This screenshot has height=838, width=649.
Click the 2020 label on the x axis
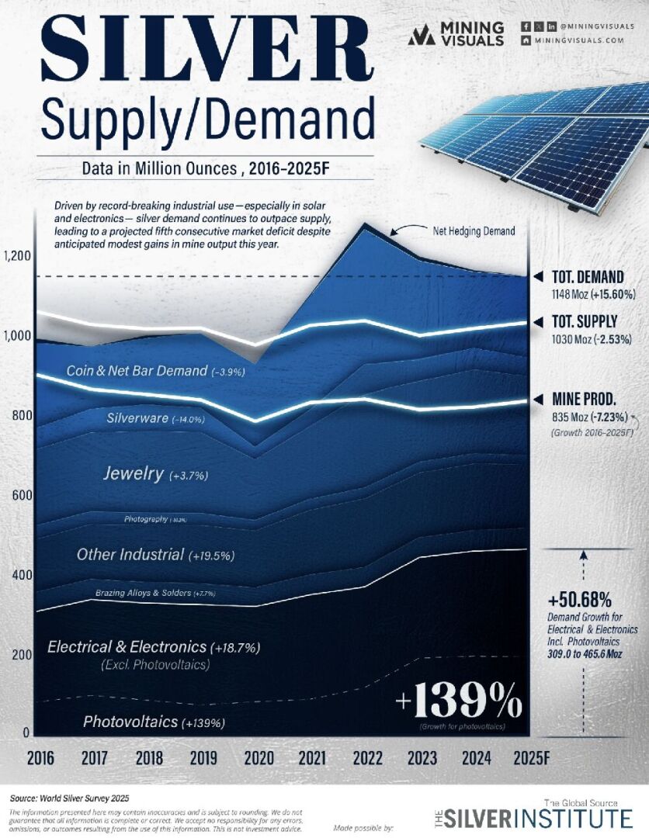click(259, 758)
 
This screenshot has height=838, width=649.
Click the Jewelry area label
click(133, 473)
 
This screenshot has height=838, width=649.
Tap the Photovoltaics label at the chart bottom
click(130, 722)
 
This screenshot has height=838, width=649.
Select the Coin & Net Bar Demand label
click(137, 371)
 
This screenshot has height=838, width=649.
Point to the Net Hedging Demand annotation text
click(473, 230)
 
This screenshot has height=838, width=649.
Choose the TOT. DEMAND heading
click(588, 277)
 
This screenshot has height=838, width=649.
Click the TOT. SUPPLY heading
click(585, 321)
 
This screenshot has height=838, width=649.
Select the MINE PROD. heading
click(585, 399)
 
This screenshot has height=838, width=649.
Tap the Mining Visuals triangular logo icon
click(422, 35)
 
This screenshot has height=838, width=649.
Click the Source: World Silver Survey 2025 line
click(70, 798)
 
